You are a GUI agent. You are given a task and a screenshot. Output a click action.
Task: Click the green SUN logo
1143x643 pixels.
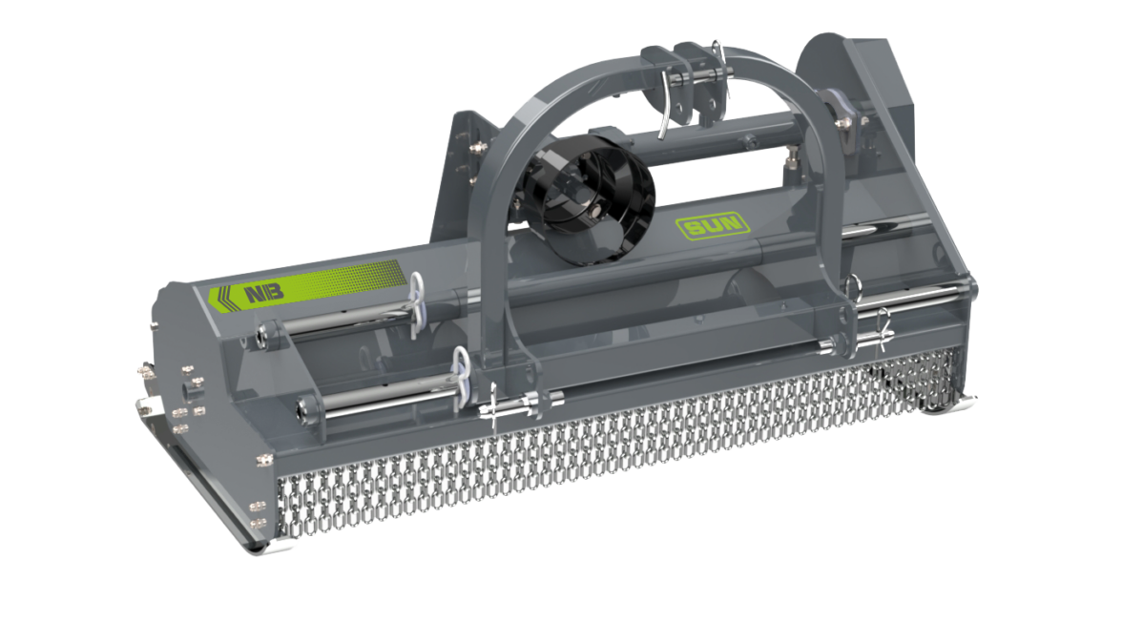click(712, 225)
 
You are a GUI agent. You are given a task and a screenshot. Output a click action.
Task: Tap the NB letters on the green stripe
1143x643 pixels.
click(264, 293)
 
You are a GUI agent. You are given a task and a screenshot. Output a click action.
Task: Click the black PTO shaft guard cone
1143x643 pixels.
click(588, 197)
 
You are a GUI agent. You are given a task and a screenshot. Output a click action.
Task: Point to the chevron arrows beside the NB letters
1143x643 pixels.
click(223, 298)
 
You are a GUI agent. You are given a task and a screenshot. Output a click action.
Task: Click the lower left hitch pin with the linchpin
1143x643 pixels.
click(521, 404)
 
